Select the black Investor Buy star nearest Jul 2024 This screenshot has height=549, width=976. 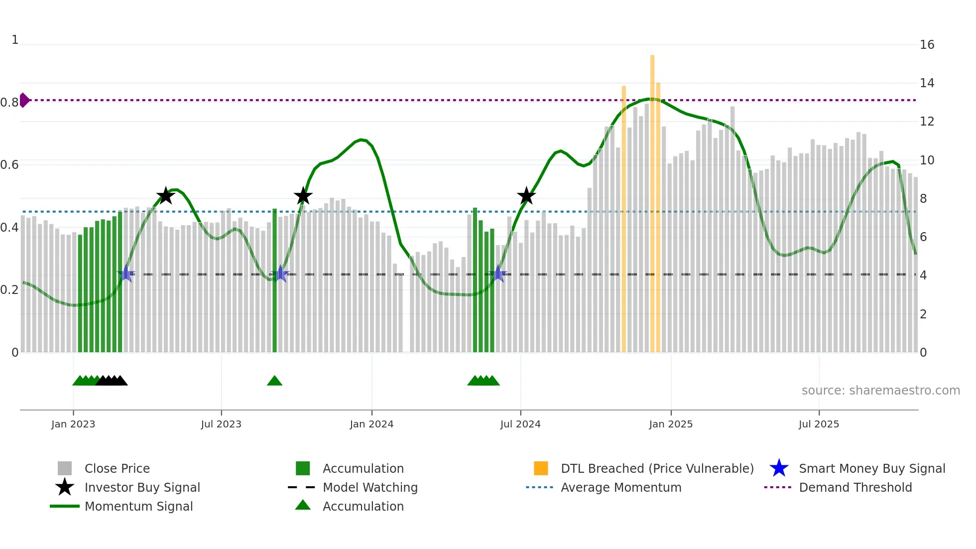coord(526,196)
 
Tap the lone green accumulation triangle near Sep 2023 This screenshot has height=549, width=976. coord(274,381)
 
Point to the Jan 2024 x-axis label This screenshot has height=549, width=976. coord(371,424)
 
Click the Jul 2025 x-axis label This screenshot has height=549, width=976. coord(819,424)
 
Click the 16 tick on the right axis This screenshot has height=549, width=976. coord(927,45)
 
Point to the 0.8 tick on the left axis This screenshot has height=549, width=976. coord(9,103)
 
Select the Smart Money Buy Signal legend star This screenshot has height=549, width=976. coord(779,468)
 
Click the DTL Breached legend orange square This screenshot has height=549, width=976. coord(541,468)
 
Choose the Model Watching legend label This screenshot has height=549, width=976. coord(370,487)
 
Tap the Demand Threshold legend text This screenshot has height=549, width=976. coord(855,487)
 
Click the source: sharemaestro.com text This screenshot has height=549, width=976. coord(880,391)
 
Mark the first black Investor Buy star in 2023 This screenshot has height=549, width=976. coord(165,196)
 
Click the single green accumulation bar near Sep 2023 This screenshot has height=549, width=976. coord(274,279)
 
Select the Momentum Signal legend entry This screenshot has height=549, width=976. coord(138,506)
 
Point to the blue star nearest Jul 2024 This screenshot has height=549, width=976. coord(498,274)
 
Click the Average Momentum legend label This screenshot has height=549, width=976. coord(621,487)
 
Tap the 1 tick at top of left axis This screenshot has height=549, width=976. coord(15,40)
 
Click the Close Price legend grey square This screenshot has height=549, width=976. coord(65,468)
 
